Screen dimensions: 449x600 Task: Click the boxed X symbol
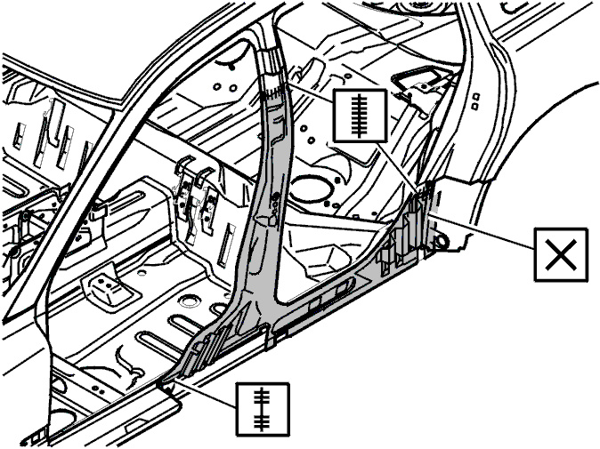click(561, 253)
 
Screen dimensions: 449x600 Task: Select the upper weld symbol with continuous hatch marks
click(358, 115)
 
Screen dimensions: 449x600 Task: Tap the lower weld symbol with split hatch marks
click(263, 408)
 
